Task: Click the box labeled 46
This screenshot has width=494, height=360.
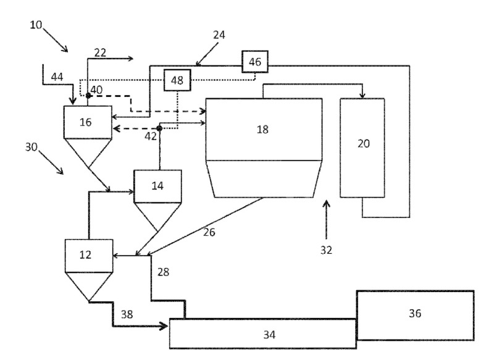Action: (255, 62)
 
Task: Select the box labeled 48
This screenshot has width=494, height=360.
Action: (177, 81)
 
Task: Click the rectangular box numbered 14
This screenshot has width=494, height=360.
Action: (158, 186)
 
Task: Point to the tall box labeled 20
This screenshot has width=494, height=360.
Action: (362, 147)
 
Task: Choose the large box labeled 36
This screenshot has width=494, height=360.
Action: (414, 314)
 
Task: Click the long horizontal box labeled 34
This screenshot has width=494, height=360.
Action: (262, 334)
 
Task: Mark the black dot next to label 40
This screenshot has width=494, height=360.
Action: (88, 96)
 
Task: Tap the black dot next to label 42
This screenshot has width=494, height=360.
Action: (159, 128)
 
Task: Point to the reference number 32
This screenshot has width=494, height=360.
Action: (326, 250)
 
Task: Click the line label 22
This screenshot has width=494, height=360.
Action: (100, 52)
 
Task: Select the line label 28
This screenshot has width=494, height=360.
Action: (162, 271)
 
